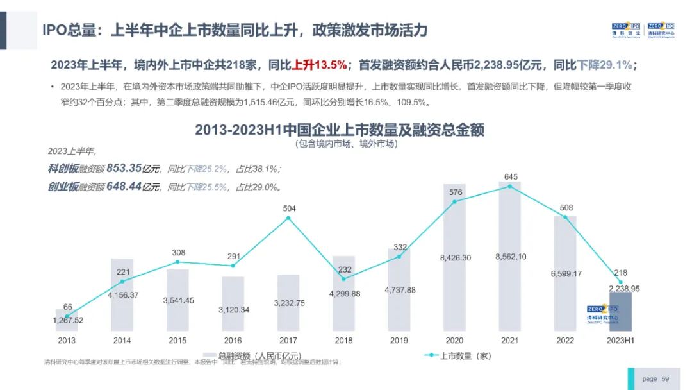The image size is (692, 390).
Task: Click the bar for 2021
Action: [509, 257]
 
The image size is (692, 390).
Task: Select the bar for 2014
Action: [122, 295]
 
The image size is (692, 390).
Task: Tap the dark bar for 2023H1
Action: [620, 312]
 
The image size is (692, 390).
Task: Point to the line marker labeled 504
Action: [288, 218]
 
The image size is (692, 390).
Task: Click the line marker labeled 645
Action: [510, 187]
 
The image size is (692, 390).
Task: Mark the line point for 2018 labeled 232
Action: [344, 278]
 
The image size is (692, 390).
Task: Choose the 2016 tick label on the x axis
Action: [233, 341]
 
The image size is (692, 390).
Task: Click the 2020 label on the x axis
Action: [454, 341]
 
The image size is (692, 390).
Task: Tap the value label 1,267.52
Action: [68, 320]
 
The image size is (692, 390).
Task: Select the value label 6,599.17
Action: [566, 274]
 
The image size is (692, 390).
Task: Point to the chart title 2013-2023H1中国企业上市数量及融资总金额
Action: [340, 130]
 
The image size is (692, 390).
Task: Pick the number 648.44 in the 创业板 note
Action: [124, 187]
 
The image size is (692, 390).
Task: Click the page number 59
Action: [665, 379]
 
